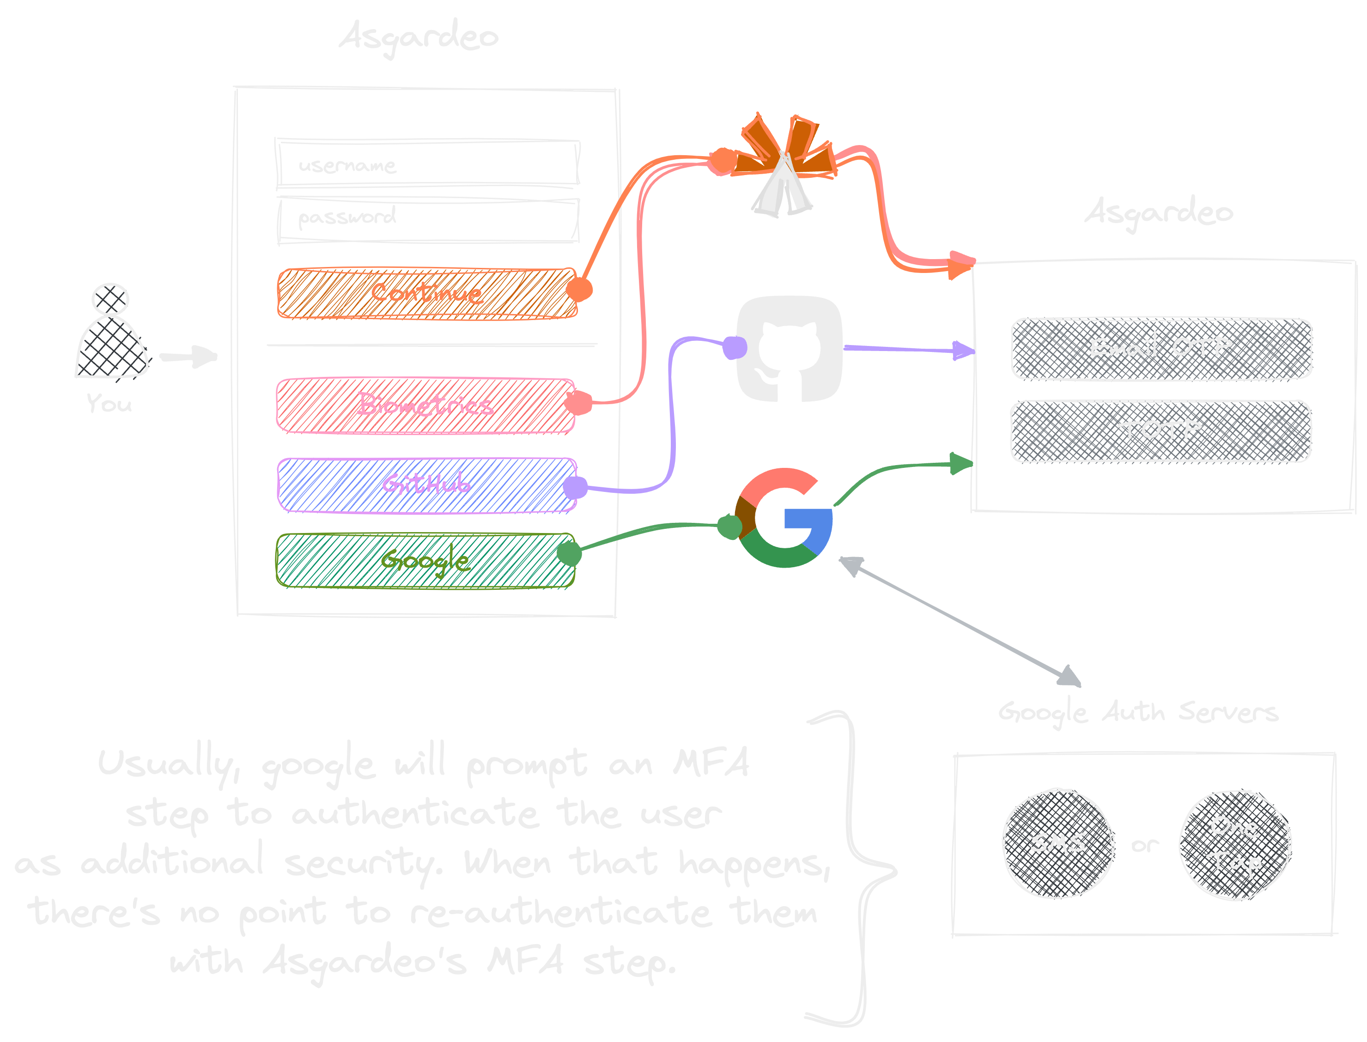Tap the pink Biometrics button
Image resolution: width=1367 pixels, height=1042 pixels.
pos(426,405)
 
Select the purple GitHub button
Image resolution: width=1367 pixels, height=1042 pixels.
pos(427,485)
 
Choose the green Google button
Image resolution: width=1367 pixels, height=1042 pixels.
pos(425,561)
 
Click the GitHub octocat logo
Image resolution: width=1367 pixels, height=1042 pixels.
pos(789,350)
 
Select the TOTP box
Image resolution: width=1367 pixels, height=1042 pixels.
pos(1160,431)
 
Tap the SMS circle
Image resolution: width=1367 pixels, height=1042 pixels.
pos(1057,843)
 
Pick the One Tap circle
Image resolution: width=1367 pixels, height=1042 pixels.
pos(1235,845)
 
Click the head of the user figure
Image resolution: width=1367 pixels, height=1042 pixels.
pos(110,299)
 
